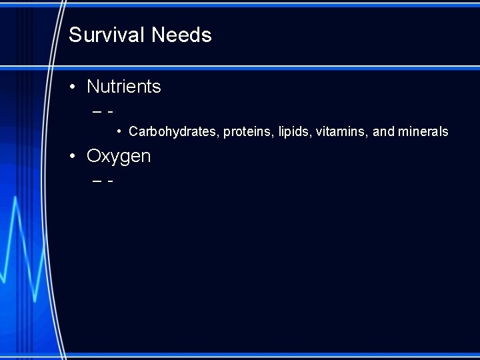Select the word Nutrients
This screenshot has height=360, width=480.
pos(124,87)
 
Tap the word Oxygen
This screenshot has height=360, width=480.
pos(119,157)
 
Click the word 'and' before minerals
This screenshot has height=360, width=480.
pos(383,132)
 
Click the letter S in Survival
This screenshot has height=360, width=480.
pos(74,35)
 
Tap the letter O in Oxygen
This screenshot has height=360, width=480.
pos(93,157)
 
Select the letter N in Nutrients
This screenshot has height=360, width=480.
pos(93,87)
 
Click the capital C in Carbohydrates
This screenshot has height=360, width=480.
pos(133,132)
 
